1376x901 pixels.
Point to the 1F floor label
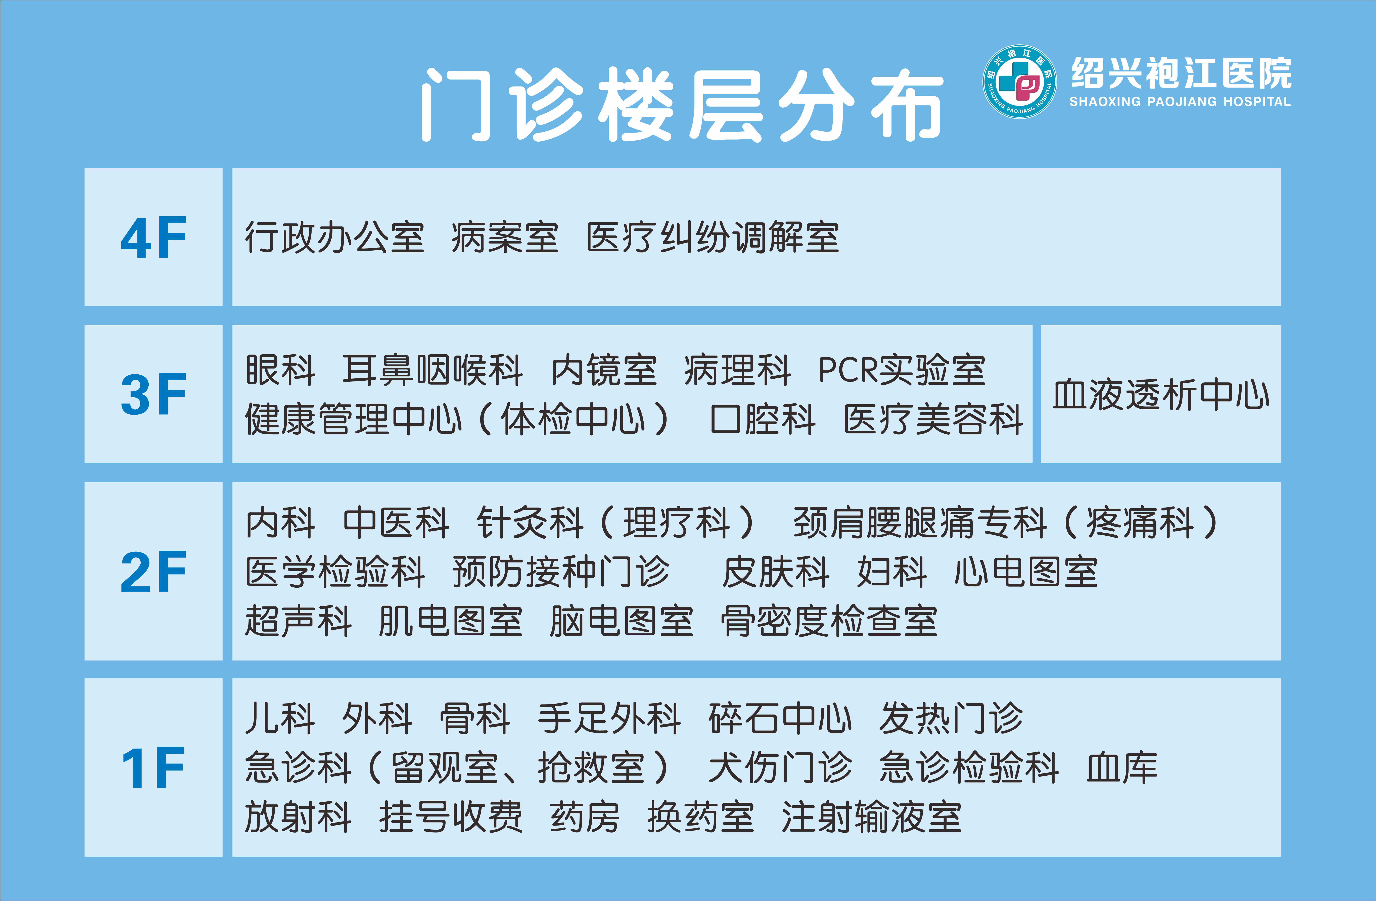click(153, 767)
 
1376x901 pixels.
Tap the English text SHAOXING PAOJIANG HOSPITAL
click(1180, 102)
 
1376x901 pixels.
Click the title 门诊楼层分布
click(682, 105)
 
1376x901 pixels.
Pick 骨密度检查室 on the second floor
click(829, 621)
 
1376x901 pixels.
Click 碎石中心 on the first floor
click(780, 718)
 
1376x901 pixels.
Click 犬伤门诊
click(780, 767)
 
